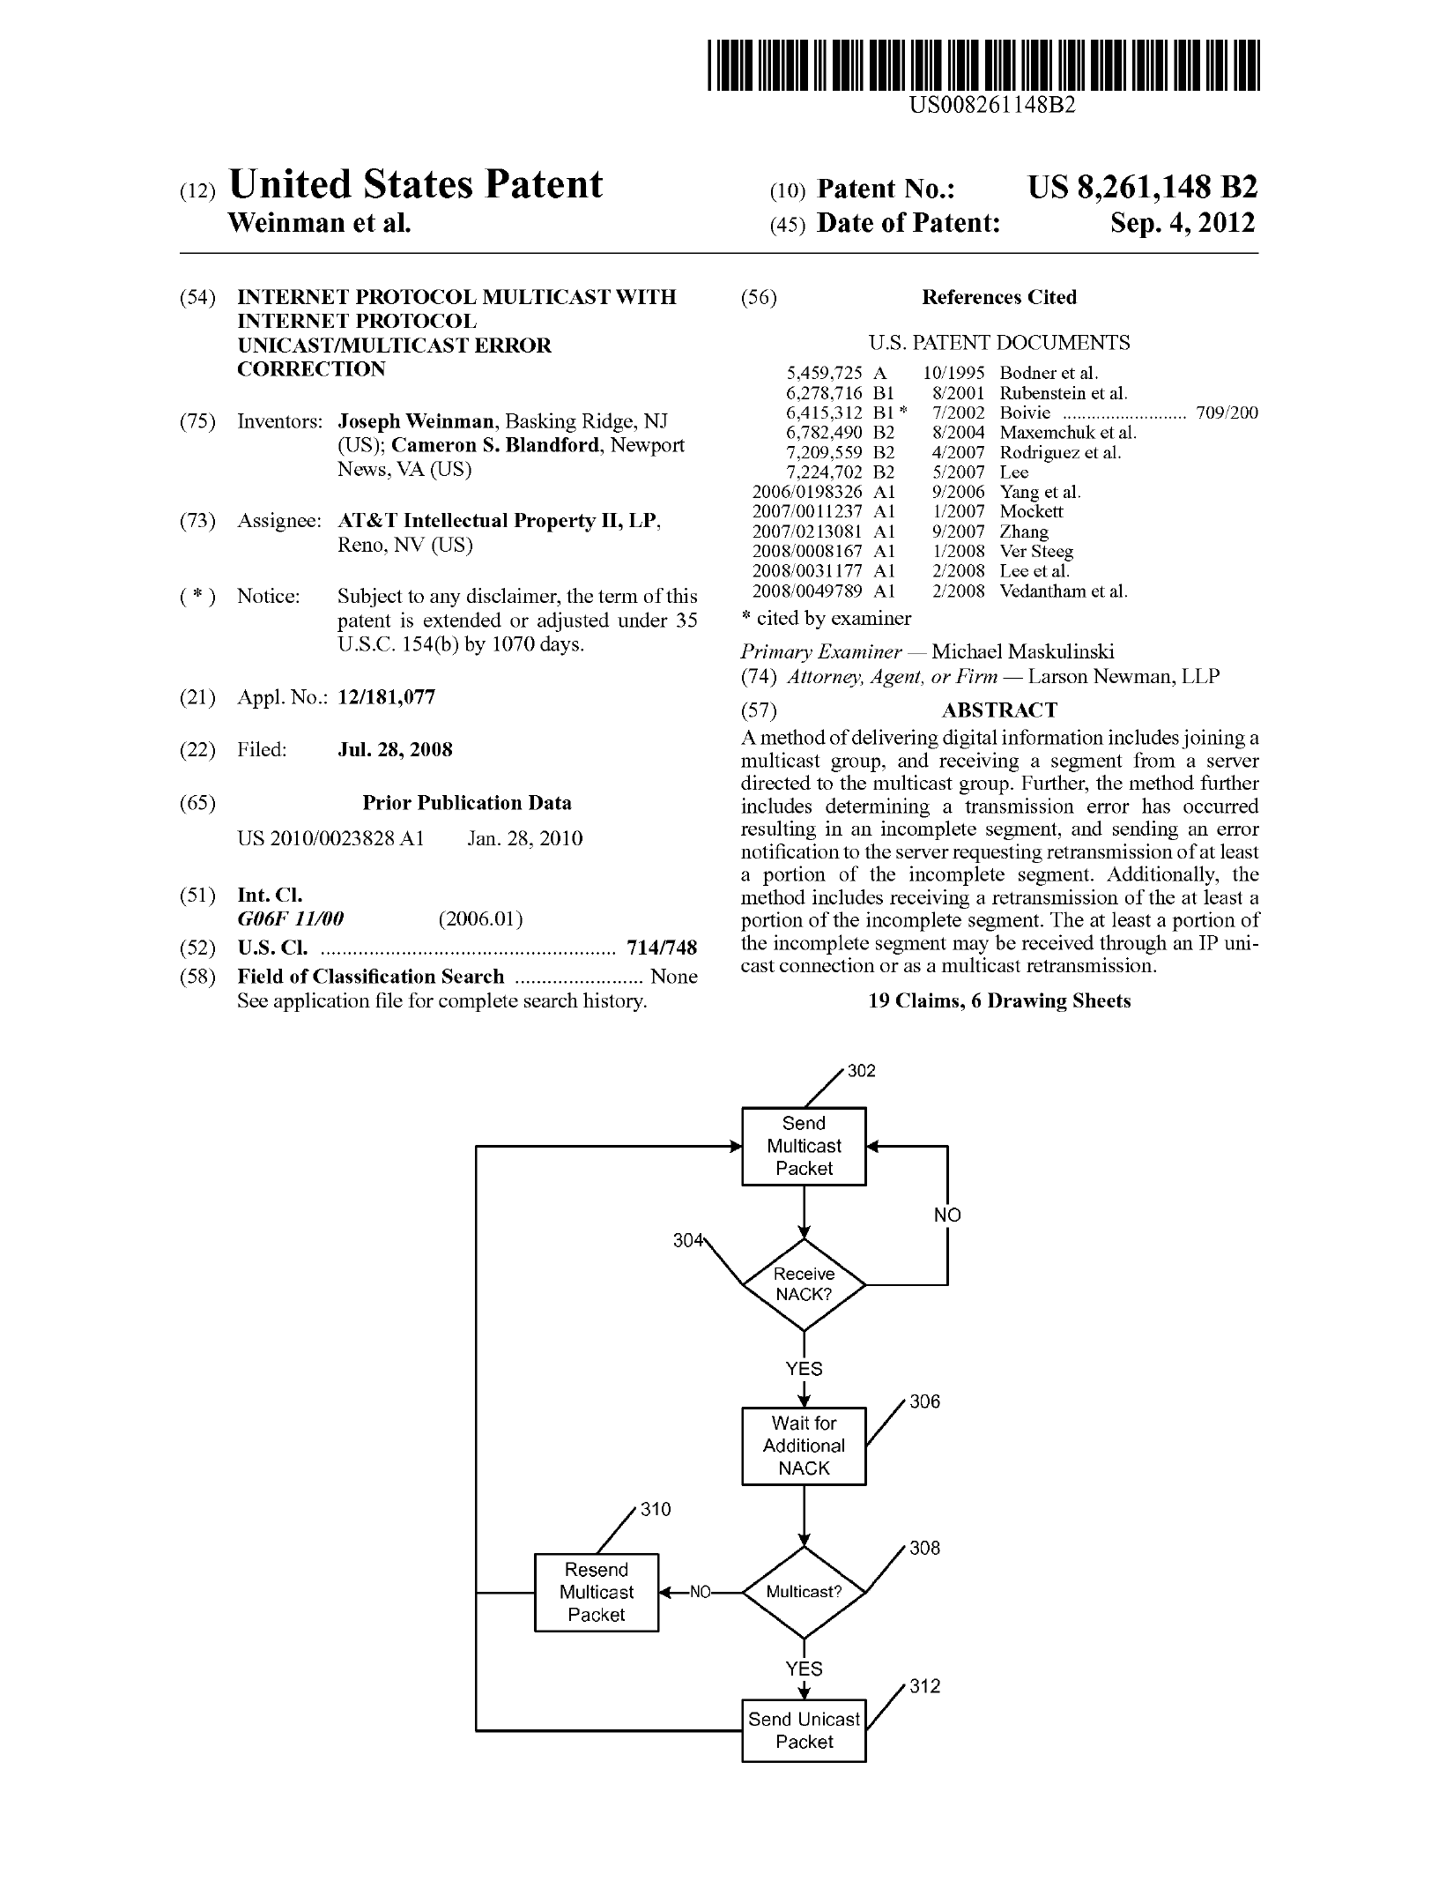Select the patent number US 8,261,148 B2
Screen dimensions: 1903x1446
(x=1142, y=188)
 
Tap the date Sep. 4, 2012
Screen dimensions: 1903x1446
(x=1182, y=223)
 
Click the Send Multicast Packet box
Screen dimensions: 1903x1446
(x=804, y=1146)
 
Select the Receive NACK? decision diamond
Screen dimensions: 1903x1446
(x=804, y=1284)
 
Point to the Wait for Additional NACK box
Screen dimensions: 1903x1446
(x=804, y=1446)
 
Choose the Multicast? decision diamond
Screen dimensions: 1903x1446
(x=804, y=1592)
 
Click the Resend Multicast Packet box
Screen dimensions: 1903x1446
(x=597, y=1592)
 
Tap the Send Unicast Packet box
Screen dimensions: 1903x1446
(x=804, y=1730)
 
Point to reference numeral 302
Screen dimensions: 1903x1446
(x=862, y=1071)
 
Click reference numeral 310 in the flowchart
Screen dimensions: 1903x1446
(x=656, y=1509)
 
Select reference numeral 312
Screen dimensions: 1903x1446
(x=925, y=1686)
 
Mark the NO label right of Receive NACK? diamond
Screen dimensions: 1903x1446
(x=947, y=1215)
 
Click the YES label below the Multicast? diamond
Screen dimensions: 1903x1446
(x=804, y=1669)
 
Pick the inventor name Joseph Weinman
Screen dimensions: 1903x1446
(x=416, y=421)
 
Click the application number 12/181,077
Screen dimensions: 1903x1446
(x=386, y=697)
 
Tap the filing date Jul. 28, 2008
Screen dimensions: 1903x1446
(x=395, y=750)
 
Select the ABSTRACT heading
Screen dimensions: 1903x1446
(x=999, y=710)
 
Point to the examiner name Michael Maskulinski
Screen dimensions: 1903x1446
(x=1022, y=652)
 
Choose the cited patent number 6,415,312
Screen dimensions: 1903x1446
(x=824, y=413)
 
